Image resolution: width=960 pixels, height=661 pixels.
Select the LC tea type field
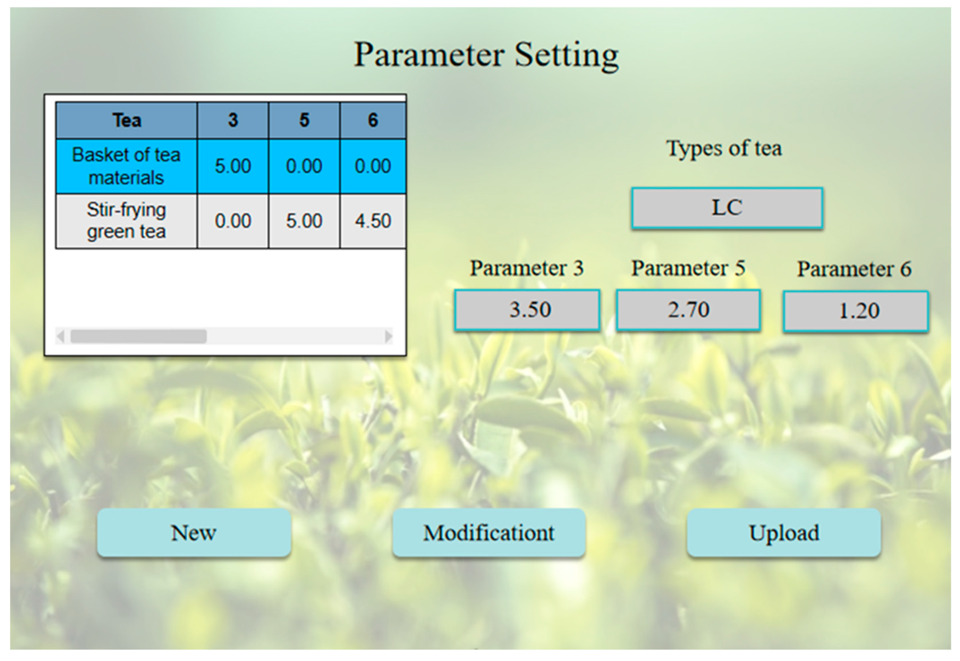point(727,208)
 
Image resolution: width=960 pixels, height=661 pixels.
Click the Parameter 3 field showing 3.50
point(527,310)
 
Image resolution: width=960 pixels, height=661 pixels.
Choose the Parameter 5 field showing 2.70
point(688,310)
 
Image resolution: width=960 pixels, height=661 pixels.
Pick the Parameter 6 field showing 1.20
point(856,311)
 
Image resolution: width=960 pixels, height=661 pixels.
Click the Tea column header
point(127,120)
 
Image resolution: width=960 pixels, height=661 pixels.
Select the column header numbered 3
point(233,120)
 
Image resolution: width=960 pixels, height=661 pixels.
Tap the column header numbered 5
point(304,120)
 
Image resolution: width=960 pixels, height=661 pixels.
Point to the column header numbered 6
point(373,120)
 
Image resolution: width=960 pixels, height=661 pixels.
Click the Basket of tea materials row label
point(127,166)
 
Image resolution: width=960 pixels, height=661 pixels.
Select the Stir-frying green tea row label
point(127,221)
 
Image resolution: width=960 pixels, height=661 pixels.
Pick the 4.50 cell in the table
point(373,221)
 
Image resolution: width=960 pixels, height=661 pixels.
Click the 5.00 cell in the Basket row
point(233,166)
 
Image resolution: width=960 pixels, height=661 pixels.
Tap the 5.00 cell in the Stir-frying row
point(304,221)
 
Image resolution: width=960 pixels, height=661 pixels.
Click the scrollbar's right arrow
point(388,336)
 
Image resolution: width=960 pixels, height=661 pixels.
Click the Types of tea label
point(724,148)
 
